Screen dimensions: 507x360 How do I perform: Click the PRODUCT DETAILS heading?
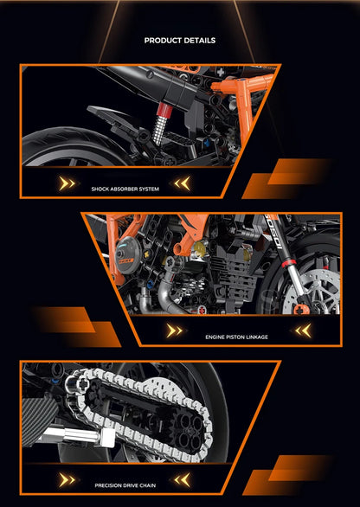pyautogui.click(x=180, y=40)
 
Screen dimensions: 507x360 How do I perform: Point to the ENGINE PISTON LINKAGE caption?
pyautogui.click(x=236, y=336)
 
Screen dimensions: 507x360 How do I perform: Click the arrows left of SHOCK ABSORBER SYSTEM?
pyautogui.click(x=67, y=183)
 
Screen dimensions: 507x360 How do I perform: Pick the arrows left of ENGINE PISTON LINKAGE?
pyautogui.click(x=175, y=331)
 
